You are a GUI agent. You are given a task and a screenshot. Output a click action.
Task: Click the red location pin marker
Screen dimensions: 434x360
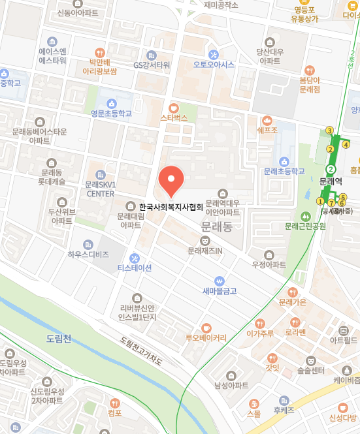point(171,181)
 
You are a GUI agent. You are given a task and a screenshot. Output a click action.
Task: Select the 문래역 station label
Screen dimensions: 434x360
point(331,181)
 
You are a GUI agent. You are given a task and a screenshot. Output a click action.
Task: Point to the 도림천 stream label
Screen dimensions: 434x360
point(59,339)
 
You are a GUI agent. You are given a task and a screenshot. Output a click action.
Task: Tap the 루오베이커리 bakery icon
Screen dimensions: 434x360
point(206,327)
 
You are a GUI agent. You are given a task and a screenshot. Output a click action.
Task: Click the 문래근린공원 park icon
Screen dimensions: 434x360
point(304,216)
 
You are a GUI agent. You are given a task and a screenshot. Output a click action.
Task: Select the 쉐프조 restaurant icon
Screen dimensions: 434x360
point(267,120)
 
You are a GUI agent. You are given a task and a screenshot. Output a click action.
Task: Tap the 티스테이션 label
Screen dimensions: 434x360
point(135,268)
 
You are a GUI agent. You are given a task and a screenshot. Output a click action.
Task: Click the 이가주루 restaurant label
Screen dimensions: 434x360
point(259,333)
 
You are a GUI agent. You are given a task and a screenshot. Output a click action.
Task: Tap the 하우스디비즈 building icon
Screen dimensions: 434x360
point(88,243)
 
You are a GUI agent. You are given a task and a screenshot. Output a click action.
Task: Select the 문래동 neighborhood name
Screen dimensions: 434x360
point(216,228)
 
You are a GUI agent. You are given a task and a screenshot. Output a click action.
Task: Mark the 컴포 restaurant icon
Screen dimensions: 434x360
point(115,403)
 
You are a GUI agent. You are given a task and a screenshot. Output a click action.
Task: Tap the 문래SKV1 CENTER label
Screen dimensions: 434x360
point(100,189)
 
